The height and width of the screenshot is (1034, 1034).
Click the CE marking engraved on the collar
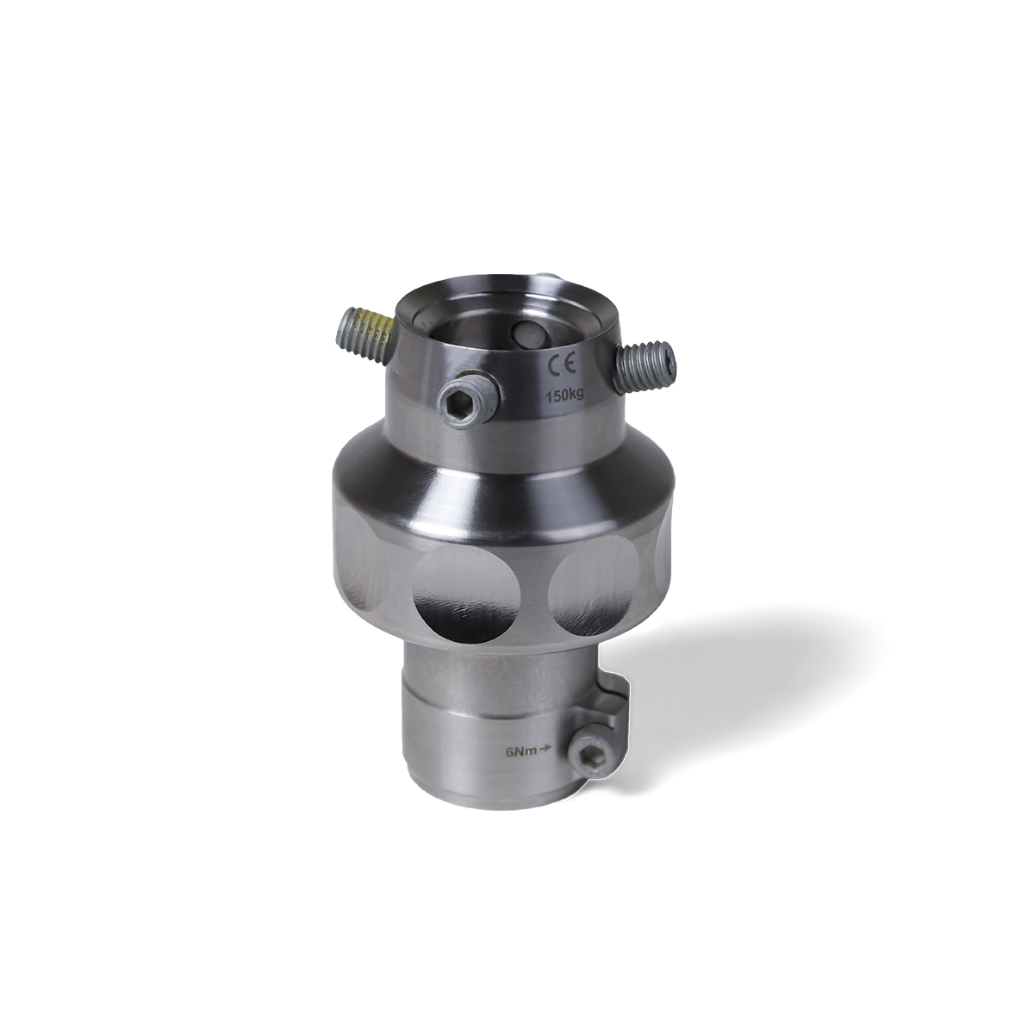click(558, 365)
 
